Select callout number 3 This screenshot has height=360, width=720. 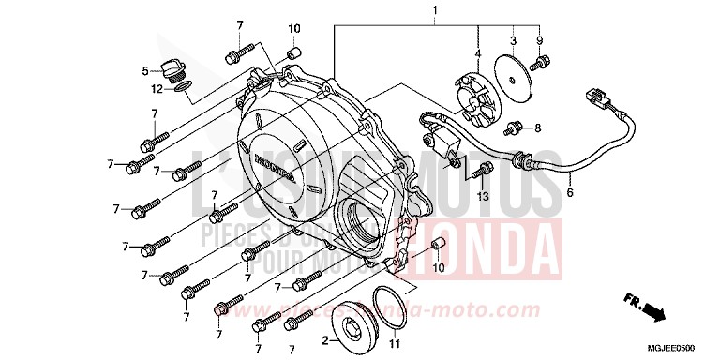click(513, 40)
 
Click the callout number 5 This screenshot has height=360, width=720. click(145, 71)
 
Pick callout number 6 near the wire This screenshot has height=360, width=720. click(568, 194)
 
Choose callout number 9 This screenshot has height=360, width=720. click(539, 40)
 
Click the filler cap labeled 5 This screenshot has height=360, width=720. click(171, 68)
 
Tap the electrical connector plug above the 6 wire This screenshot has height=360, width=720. click(593, 97)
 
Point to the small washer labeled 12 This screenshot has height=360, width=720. click(184, 87)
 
